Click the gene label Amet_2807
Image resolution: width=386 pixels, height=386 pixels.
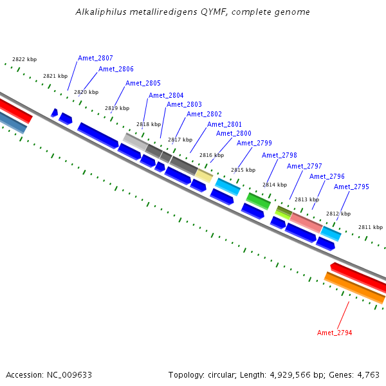[x=95, y=58]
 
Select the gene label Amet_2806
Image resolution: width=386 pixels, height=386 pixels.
[x=116, y=69]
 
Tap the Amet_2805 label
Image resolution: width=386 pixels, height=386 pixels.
[x=143, y=83]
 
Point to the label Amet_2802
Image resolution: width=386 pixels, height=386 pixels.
[x=204, y=115]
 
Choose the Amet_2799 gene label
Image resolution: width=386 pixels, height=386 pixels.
[x=254, y=143]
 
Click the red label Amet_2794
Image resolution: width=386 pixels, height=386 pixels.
[x=335, y=333]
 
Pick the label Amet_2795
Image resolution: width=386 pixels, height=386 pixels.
[x=351, y=187]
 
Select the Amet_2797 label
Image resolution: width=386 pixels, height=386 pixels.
[x=304, y=166]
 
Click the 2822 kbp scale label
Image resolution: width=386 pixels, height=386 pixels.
[x=24, y=59]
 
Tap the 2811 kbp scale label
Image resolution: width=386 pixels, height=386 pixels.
[x=371, y=227]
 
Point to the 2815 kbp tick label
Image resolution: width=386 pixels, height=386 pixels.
[x=243, y=170]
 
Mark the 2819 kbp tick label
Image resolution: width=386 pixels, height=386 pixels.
[x=117, y=108]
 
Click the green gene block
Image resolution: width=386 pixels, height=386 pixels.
[x=258, y=201]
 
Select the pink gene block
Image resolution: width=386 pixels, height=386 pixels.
[x=306, y=222]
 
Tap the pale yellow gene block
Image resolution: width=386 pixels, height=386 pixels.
[x=204, y=175]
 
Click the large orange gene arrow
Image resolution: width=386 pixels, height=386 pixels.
[x=354, y=288]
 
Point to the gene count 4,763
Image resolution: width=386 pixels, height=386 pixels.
[x=368, y=374]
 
